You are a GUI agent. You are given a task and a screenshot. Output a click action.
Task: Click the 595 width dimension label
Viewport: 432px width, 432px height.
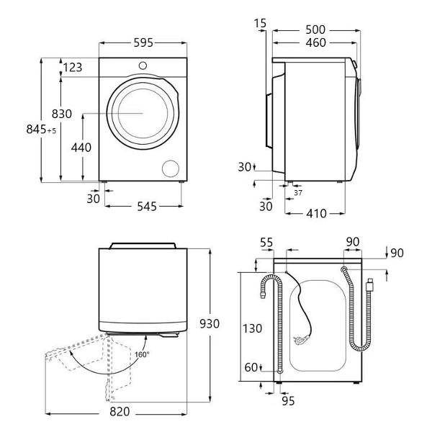[143, 42]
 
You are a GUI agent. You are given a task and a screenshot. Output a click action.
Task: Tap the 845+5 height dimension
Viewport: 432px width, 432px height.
[41, 129]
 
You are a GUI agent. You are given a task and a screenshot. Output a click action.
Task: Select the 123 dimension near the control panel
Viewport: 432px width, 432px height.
[73, 68]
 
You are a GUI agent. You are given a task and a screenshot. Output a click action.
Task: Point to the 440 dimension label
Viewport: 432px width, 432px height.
[81, 148]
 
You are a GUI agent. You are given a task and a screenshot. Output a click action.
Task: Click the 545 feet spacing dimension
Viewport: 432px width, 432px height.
[147, 207]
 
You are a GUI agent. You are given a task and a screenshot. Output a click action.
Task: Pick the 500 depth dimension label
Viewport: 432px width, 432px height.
[316, 30]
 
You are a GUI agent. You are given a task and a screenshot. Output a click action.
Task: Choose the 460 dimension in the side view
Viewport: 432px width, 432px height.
[316, 42]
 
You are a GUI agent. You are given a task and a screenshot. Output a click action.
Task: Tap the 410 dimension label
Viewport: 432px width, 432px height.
[316, 213]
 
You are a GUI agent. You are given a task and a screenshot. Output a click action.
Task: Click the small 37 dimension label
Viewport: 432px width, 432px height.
[298, 193]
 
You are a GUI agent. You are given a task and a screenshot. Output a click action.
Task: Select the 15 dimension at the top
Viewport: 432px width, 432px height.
[261, 24]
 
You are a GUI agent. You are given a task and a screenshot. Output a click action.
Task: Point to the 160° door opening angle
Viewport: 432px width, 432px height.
[142, 354]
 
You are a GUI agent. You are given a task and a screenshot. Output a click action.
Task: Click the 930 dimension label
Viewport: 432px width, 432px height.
[210, 324]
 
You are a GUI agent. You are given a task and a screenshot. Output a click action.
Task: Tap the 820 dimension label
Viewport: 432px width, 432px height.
[120, 412]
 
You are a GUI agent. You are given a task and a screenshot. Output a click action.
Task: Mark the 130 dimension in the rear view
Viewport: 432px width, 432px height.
[252, 328]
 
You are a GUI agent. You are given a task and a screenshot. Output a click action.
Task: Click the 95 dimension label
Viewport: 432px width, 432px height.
[288, 401]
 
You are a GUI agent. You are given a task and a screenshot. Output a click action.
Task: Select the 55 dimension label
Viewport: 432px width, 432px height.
[266, 243]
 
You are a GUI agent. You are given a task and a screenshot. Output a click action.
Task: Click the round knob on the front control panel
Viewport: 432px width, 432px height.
[143, 66]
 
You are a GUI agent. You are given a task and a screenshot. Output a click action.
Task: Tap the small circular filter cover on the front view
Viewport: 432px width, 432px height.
[171, 168]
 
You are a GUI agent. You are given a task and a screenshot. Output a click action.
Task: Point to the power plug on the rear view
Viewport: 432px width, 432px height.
[301, 340]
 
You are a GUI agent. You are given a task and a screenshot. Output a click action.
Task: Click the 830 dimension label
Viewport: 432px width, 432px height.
[62, 114]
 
